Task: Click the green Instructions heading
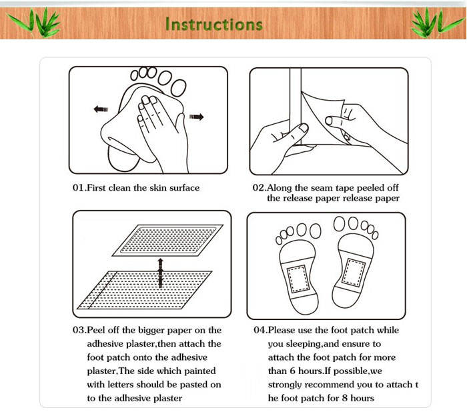(214, 24)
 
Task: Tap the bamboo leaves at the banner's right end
(436, 23)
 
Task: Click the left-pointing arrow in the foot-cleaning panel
(101, 109)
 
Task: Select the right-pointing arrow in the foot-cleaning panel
(196, 117)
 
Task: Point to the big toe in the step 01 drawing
(178, 88)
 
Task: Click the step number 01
(79, 188)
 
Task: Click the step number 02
(259, 188)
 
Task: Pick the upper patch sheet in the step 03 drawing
(167, 241)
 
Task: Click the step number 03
(79, 330)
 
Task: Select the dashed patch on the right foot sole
(354, 273)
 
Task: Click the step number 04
(260, 330)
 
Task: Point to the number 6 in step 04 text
(292, 371)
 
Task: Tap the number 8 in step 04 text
(345, 398)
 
